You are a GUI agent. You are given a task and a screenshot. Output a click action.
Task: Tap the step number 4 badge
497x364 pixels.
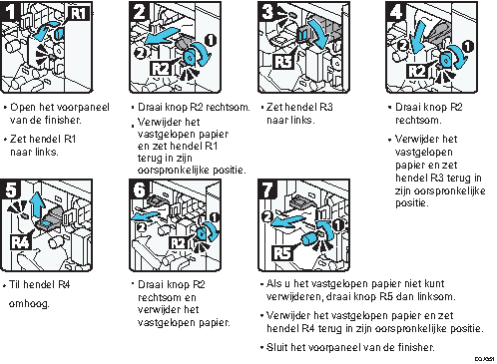point(395,12)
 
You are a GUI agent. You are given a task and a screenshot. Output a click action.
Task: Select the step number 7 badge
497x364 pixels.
point(267,189)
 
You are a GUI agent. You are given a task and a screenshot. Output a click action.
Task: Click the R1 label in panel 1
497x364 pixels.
point(79,14)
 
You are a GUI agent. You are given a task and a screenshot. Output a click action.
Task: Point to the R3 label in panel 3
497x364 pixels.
point(283,62)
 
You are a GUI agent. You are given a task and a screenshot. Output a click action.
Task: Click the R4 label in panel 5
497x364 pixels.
point(20,241)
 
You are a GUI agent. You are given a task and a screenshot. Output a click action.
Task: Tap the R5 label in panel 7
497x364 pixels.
point(282,252)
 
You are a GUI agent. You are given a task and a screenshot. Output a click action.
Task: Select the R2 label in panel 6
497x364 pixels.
point(178,242)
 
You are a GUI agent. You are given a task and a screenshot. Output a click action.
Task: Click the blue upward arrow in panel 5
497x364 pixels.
point(38,204)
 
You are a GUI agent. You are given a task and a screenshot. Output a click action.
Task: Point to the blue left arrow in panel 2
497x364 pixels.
point(162,36)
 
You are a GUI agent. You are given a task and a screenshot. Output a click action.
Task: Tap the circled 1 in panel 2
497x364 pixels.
point(211,41)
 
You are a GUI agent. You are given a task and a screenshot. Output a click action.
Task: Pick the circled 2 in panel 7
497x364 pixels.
point(267,216)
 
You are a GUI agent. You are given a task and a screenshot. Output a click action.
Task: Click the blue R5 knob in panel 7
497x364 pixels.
point(309,238)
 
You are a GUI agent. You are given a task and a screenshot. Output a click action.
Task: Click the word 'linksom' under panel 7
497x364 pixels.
point(433,296)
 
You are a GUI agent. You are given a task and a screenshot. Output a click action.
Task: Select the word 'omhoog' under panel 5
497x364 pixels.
point(29,304)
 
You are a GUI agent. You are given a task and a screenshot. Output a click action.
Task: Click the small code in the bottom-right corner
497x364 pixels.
point(484,359)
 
